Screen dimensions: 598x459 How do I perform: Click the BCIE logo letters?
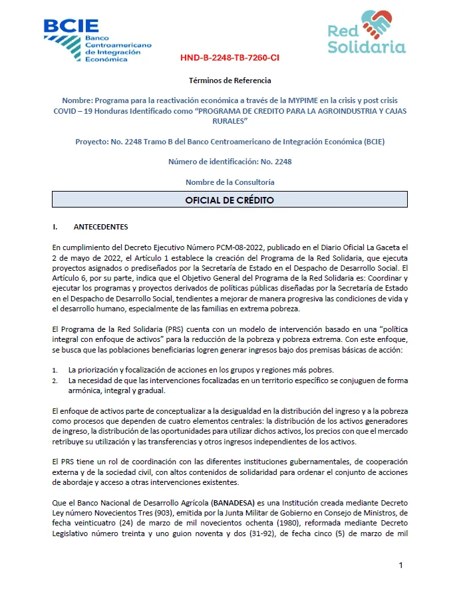click(x=71, y=26)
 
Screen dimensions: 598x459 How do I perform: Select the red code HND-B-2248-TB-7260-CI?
click(x=230, y=58)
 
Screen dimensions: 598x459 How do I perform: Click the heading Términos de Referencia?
click(x=230, y=80)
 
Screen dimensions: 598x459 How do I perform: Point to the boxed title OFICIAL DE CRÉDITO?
click(x=230, y=200)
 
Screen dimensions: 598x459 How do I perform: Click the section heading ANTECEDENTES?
click(x=101, y=226)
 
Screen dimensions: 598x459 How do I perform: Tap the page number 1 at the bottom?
click(x=401, y=565)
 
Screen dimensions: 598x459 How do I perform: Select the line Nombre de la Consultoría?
click(x=230, y=182)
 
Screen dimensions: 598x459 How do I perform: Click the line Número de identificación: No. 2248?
click(x=230, y=162)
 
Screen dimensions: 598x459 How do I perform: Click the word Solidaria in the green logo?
click(x=367, y=48)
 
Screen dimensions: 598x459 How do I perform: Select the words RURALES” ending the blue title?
click(x=230, y=122)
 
